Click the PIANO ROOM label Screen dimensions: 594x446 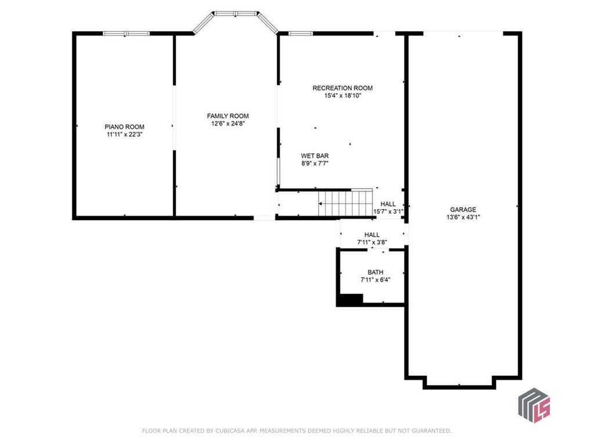[124, 127]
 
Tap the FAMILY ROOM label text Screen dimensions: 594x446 [227, 116]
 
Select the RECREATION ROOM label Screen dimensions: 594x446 [342, 88]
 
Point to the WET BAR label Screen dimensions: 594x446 [315, 156]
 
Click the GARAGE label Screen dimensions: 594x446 [463, 210]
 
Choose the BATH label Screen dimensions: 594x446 [375, 272]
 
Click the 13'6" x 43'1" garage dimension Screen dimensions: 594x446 [463, 217]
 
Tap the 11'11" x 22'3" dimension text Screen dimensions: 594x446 [124, 134]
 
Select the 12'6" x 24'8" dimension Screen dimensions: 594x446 [228, 124]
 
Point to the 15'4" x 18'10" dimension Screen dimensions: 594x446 [342, 96]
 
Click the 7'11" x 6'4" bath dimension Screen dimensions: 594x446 [375, 280]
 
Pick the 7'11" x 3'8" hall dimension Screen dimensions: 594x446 [372, 242]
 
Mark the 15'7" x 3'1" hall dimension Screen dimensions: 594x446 [388, 211]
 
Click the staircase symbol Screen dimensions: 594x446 [345, 203]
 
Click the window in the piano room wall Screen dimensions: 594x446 [126, 33]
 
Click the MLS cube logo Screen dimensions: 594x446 [534, 405]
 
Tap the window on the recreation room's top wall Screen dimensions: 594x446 [301, 33]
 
